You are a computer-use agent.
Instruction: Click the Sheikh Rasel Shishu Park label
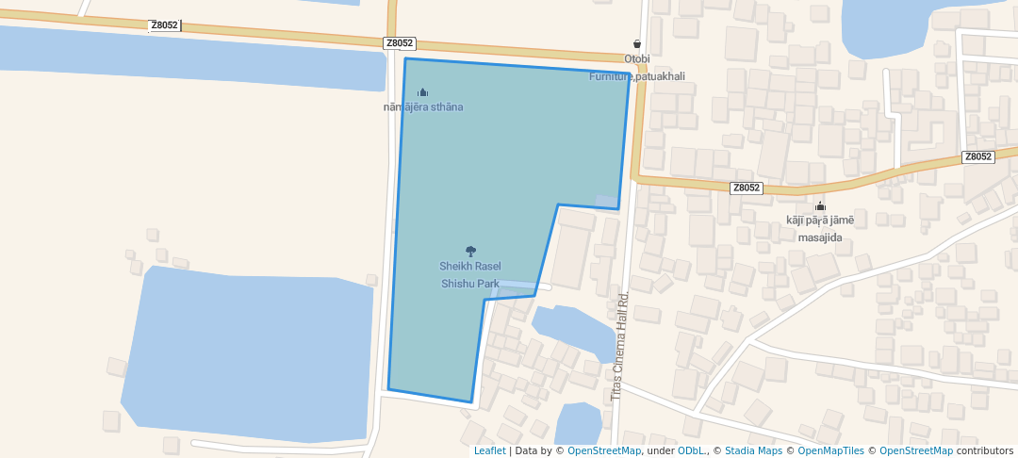pyautogui.click(x=470, y=274)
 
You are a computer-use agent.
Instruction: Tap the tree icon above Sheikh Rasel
pyautogui.click(x=471, y=252)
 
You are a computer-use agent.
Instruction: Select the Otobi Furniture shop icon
pyautogui.click(x=637, y=43)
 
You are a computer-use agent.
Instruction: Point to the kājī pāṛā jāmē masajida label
pyautogui.click(x=820, y=229)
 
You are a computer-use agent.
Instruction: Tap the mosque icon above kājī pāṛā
pyautogui.click(x=820, y=206)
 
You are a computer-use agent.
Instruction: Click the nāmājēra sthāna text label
pyautogui.click(x=423, y=107)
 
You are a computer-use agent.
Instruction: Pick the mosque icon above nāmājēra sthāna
pyautogui.click(x=423, y=92)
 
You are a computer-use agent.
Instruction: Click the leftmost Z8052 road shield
pyautogui.click(x=164, y=25)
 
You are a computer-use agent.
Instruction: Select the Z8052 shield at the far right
pyautogui.click(x=978, y=156)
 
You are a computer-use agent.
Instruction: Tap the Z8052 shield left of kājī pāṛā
pyautogui.click(x=746, y=188)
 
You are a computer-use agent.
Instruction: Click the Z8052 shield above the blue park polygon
pyautogui.click(x=400, y=43)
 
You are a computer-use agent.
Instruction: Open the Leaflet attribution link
pyautogui.click(x=489, y=450)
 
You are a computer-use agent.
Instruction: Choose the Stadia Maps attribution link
pyautogui.click(x=752, y=450)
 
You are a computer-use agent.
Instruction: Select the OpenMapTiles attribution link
pyautogui.click(x=831, y=450)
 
